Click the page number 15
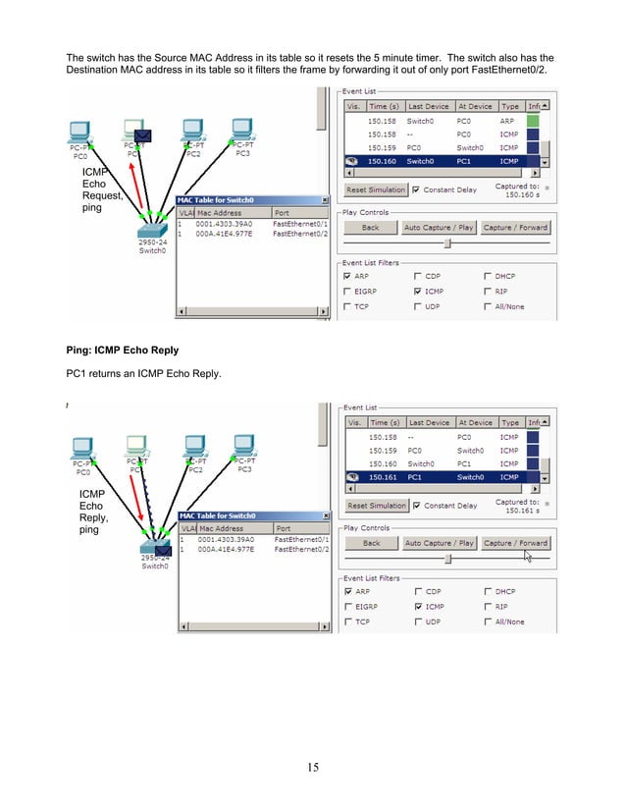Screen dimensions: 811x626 click(312, 767)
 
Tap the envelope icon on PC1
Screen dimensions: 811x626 click(142, 135)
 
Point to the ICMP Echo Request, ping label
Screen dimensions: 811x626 click(101, 189)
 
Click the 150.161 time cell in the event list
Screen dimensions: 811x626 click(382, 477)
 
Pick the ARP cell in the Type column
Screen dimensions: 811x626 click(509, 120)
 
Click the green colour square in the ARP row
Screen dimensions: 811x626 click(533, 120)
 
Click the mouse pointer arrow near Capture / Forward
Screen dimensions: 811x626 click(528, 555)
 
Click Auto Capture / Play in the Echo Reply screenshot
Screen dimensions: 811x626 click(438, 543)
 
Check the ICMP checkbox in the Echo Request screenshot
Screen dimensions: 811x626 click(419, 292)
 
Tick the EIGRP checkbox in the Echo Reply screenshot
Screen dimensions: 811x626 click(347, 607)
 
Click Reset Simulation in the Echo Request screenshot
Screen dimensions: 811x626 click(375, 189)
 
